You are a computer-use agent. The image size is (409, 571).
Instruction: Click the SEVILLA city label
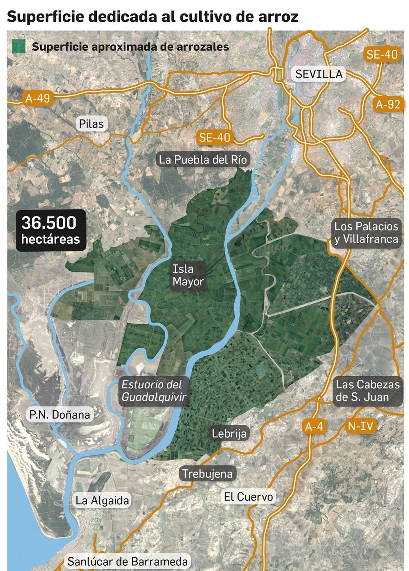319,74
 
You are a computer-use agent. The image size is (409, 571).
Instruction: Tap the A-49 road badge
38,98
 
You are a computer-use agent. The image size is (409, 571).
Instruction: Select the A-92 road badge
388,104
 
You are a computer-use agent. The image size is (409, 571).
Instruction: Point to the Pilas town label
91,124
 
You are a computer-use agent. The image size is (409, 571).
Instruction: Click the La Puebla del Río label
203,160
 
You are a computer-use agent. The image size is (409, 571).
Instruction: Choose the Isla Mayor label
188,275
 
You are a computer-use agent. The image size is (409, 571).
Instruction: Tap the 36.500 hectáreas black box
51,230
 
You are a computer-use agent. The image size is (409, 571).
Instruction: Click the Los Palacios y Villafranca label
366,233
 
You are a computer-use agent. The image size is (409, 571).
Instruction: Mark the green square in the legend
19,46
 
